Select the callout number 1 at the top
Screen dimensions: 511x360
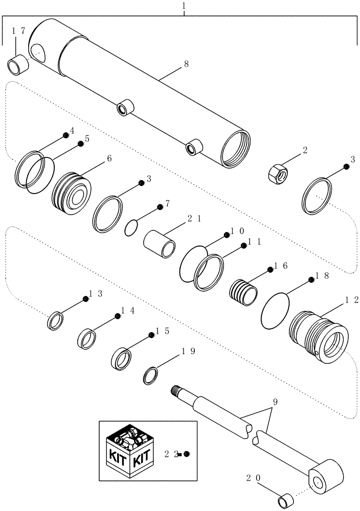(184, 6)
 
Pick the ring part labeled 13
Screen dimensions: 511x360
(55, 321)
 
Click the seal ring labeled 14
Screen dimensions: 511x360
(86, 338)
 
